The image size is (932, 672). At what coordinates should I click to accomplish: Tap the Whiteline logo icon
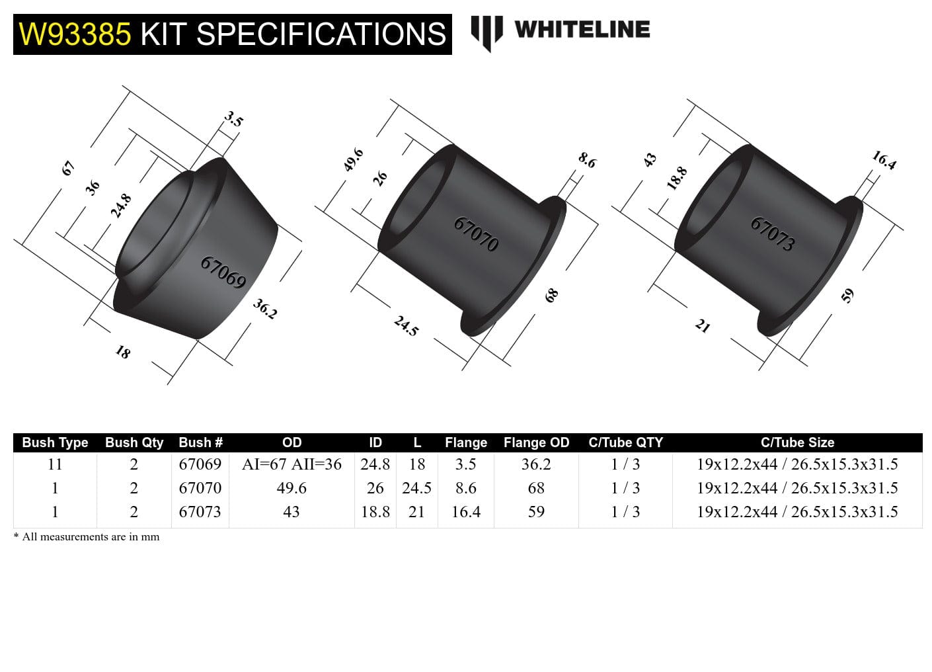click(x=486, y=32)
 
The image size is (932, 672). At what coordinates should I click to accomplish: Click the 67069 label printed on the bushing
click(x=223, y=273)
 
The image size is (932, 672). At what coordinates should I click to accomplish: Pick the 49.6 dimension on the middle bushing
click(x=354, y=160)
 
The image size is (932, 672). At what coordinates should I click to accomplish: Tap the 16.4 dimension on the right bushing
click(x=884, y=160)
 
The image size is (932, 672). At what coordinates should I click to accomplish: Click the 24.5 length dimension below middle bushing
click(x=406, y=325)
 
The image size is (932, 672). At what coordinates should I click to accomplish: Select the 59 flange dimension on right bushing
click(x=848, y=295)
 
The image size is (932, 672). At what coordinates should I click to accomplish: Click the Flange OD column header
click(x=536, y=442)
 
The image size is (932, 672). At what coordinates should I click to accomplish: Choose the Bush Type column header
click(x=55, y=442)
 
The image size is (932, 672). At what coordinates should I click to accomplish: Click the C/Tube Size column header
click(x=797, y=442)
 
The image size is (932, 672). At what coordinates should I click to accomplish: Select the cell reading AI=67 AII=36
click(x=291, y=464)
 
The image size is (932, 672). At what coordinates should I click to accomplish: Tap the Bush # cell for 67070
click(x=200, y=488)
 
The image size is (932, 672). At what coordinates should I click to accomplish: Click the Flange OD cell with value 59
click(x=536, y=512)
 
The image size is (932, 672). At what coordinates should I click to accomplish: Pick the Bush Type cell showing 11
click(x=55, y=464)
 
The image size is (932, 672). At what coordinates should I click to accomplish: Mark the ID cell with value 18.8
click(x=375, y=512)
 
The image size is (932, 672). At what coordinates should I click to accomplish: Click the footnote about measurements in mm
click(x=87, y=537)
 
